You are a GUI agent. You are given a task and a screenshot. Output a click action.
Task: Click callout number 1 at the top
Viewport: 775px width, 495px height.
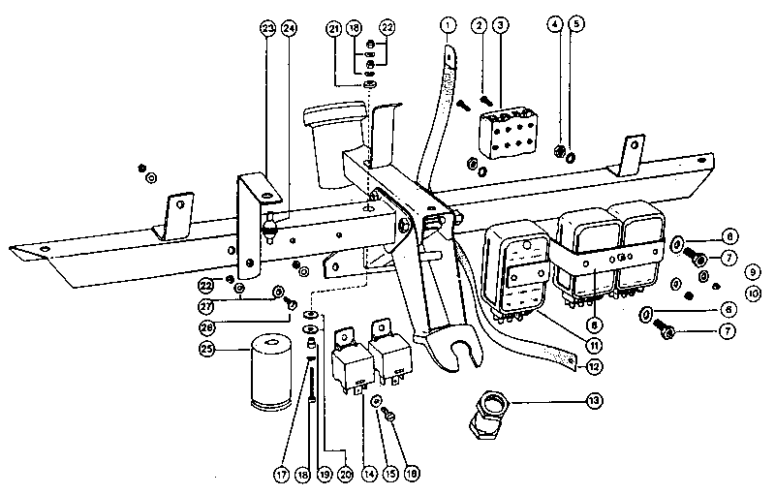tap(447, 22)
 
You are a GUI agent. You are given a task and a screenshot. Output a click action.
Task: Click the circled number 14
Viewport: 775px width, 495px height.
tap(368, 475)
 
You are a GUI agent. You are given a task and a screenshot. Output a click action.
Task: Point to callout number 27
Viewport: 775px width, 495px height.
tap(206, 306)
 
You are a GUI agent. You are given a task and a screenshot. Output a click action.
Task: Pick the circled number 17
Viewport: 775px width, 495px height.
tap(282, 475)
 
